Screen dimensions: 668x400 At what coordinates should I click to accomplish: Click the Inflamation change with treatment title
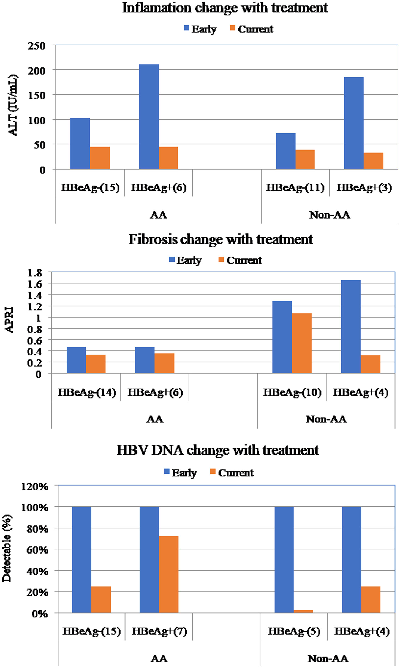(x=225, y=8)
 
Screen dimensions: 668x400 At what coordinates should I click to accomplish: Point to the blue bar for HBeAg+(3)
(x=353, y=123)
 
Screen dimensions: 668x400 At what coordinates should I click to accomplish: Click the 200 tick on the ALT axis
(x=36, y=70)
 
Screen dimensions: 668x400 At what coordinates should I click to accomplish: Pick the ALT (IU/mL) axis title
(x=13, y=105)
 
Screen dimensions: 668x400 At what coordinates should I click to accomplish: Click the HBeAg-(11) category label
(x=295, y=187)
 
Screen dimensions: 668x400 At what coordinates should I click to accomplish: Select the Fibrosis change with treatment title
(x=221, y=239)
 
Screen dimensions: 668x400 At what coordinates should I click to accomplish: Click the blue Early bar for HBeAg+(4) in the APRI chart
(x=350, y=326)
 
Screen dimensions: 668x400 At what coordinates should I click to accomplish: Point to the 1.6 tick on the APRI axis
(x=35, y=283)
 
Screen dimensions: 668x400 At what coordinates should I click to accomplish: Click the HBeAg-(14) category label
(x=87, y=392)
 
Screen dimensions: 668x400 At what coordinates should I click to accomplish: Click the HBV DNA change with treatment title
(x=218, y=451)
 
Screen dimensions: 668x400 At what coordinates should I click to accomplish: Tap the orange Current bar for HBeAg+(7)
(x=168, y=574)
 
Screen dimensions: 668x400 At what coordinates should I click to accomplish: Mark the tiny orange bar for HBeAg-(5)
(x=303, y=611)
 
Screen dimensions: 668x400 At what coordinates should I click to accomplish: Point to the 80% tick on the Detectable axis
(x=37, y=529)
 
